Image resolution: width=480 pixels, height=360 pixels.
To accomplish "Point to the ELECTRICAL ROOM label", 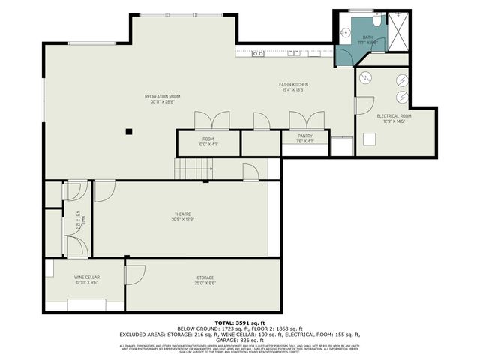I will [x=394, y=116].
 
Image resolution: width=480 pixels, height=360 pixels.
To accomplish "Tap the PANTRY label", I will [x=304, y=136].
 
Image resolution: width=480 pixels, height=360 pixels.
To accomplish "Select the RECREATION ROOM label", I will [x=162, y=97].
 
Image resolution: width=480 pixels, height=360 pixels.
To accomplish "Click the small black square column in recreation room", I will [x=129, y=131].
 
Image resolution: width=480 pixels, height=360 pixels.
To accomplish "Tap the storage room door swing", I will [x=133, y=274].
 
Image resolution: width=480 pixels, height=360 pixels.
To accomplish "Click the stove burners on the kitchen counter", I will [x=257, y=53].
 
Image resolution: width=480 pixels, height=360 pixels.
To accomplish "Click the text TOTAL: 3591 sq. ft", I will [x=239, y=322].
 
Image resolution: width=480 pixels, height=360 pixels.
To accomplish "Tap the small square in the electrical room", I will [x=369, y=139].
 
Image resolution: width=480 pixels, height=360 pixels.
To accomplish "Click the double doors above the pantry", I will [x=306, y=120].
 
